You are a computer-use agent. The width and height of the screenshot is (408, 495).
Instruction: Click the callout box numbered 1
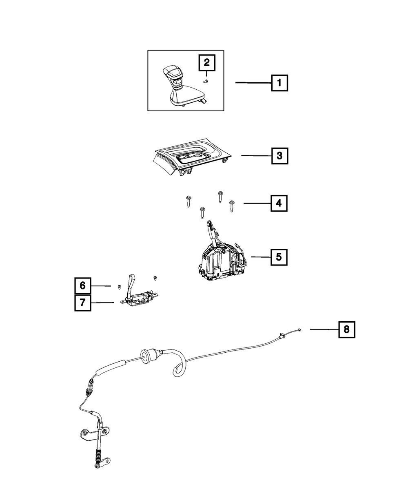(279, 83)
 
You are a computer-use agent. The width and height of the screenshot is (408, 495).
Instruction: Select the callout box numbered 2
(207, 63)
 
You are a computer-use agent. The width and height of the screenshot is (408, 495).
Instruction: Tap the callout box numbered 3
(279, 156)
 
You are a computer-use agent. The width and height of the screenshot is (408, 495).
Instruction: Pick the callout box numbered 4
(279, 203)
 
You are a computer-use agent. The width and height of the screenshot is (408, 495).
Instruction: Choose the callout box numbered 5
(279, 257)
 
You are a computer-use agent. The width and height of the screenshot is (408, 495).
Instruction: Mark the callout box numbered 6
(83, 286)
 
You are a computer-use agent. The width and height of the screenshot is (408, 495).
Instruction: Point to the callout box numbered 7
(83, 303)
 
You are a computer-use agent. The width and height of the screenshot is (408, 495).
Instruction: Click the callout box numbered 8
(346, 329)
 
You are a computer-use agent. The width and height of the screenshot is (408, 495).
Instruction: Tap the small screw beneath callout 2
(206, 81)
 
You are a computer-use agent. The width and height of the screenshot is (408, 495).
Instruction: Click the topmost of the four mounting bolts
(220, 197)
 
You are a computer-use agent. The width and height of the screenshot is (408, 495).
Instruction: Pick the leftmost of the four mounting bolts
(189, 201)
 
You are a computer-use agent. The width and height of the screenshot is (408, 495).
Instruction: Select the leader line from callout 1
(253, 82)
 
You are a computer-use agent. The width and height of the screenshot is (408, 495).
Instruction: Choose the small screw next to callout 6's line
(119, 287)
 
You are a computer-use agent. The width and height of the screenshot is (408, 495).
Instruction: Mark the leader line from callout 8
(324, 329)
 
